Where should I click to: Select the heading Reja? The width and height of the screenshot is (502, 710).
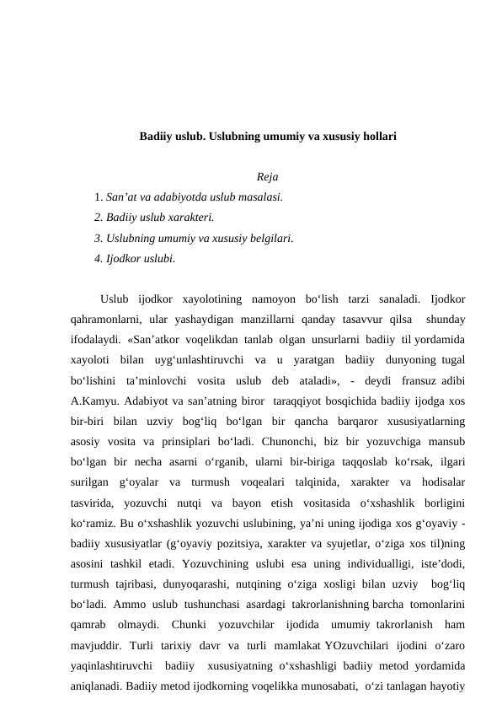(x=268, y=177)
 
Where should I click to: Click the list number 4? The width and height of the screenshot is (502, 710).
(x=98, y=258)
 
